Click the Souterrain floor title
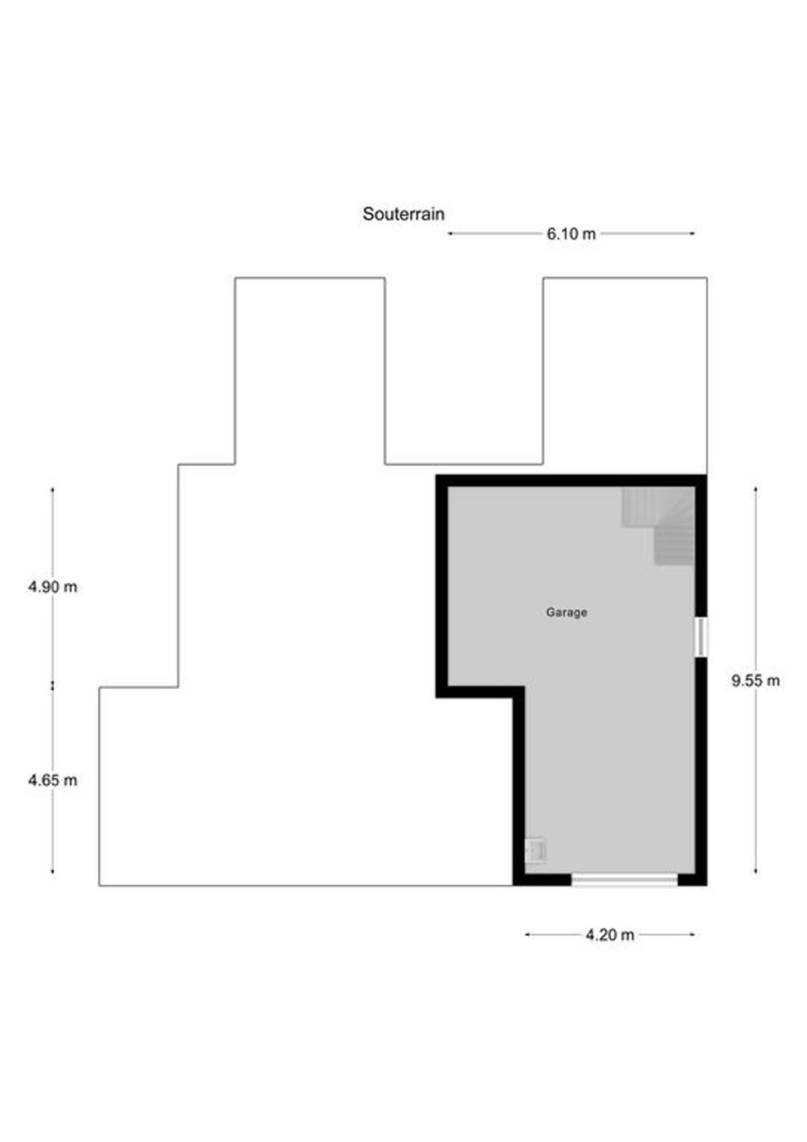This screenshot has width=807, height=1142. (403, 213)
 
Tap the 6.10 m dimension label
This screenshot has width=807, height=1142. (571, 234)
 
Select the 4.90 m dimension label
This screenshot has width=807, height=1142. (52, 587)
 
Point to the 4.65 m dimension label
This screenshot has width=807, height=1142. (52, 780)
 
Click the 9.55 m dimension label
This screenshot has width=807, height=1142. (755, 680)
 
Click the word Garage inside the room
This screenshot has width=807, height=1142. (567, 611)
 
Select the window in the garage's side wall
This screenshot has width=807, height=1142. (701, 637)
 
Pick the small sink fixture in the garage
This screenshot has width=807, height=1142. (535, 850)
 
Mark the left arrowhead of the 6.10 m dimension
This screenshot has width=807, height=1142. (449, 233)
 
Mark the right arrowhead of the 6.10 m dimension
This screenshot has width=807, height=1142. (692, 233)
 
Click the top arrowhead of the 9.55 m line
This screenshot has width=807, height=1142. (755, 489)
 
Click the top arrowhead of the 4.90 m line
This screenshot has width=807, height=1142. (52, 489)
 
